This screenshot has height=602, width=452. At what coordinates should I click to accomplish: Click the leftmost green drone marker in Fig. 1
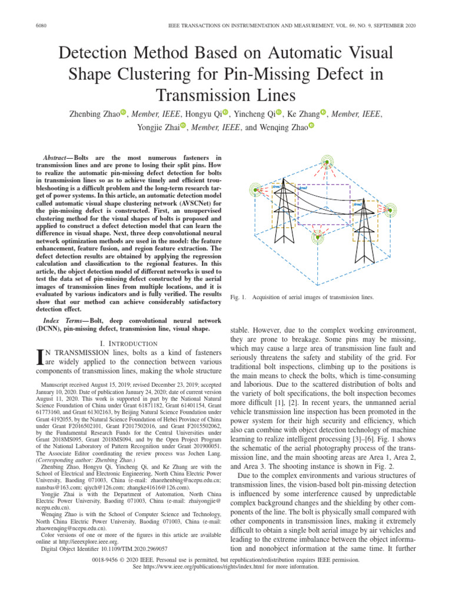click(x=255, y=190)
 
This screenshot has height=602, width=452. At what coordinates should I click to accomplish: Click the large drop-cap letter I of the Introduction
click(x=40, y=358)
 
